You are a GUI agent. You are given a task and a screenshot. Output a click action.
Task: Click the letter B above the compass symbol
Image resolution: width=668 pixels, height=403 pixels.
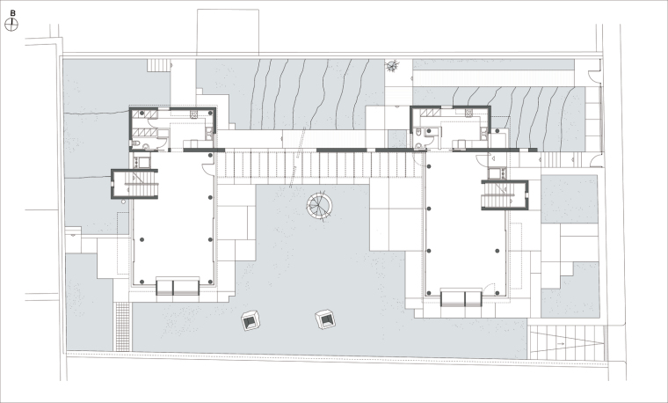click(13, 13)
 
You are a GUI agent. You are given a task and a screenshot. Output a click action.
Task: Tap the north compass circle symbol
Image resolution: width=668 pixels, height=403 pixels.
click(11, 26)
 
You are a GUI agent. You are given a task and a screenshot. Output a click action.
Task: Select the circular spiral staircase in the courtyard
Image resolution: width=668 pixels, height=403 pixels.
click(319, 206)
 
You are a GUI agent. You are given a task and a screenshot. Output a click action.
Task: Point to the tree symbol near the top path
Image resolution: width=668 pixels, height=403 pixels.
click(392, 66)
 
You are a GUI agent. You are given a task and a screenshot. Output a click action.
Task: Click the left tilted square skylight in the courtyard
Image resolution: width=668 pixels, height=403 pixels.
click(250, 320)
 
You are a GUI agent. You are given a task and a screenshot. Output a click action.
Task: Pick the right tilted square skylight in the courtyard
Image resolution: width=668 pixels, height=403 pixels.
click(325, 319)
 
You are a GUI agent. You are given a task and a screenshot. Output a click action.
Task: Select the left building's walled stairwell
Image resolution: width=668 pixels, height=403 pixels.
click(134, 184)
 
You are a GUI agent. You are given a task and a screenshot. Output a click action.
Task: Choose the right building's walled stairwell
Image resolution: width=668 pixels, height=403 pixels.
click(505, 194)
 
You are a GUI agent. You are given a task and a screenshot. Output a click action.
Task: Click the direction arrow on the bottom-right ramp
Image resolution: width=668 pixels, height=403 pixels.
click(560, 343)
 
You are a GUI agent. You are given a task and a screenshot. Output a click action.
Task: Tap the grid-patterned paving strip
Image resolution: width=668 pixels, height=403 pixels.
click(123, 326)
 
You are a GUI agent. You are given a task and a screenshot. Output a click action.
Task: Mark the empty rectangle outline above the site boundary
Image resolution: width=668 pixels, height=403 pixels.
click(228, 32)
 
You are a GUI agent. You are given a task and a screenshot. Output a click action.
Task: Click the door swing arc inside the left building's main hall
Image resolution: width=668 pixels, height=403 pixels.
click(208, 169)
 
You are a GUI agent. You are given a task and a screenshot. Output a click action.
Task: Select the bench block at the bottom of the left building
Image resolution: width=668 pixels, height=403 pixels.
click(178, 287)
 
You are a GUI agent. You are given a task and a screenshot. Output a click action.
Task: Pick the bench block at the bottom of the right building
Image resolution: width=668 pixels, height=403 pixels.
click(461, 298)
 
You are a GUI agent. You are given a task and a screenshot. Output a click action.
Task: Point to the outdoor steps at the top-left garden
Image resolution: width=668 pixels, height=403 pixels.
click(159, 65)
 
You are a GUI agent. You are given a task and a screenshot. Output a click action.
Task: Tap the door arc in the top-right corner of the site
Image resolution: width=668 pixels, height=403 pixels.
click(595, 76)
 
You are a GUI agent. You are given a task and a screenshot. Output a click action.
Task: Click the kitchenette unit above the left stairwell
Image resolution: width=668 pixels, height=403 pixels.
click(142, 163)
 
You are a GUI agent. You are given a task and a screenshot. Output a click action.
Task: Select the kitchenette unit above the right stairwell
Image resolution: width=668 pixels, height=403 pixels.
click(497, 173)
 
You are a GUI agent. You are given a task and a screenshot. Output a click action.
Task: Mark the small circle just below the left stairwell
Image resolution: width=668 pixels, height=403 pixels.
click(123, 201)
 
